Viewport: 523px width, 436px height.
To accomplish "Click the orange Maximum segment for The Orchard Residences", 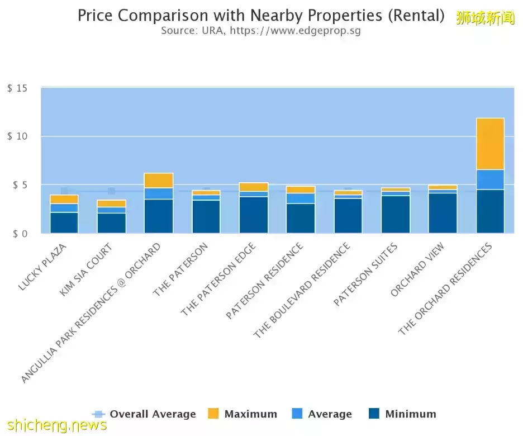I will pos(490,144).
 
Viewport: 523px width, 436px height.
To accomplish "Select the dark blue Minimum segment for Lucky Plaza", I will pos(64,222).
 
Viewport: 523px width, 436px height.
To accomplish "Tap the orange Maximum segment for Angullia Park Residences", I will pos(159,180).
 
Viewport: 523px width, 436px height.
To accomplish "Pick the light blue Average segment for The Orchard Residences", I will pos(490,179).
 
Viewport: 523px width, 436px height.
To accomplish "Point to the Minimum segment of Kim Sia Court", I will pos(112,223).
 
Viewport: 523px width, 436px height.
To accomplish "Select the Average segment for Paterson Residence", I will pos(301,198).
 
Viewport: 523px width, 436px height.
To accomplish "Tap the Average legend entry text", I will pos(330,414).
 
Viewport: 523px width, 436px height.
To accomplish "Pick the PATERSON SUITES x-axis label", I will pos(365,274).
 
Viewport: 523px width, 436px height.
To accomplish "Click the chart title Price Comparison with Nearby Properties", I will pos(261,15).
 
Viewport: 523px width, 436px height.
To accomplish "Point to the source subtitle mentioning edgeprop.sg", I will pos(261,30).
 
